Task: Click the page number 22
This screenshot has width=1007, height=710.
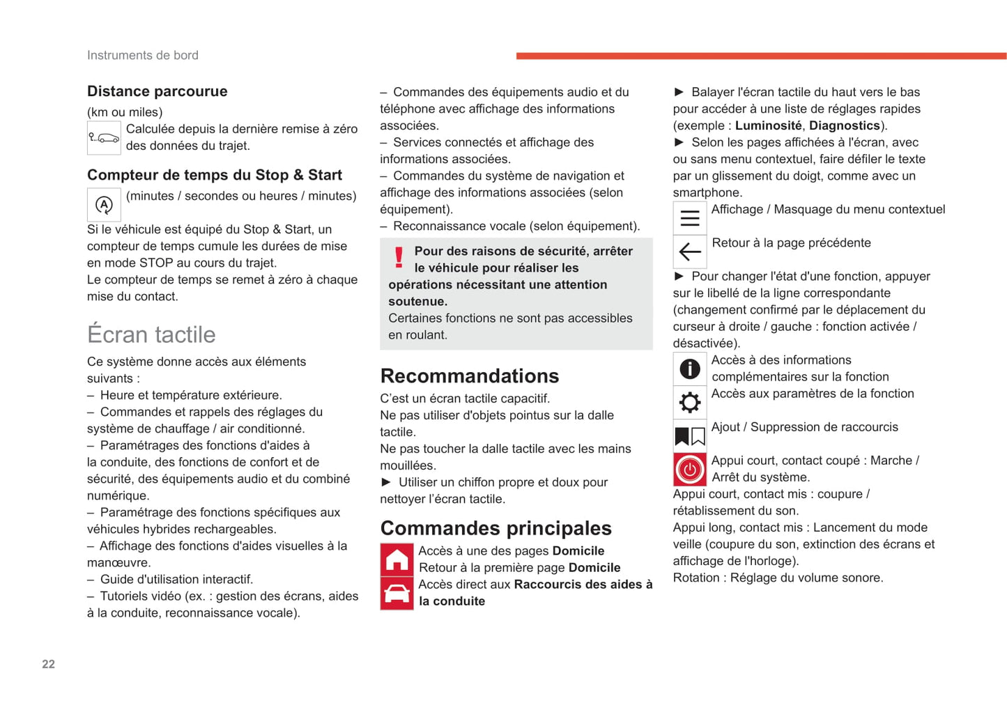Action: click(x=48, y=664)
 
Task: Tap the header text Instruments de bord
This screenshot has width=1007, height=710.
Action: click(x=143, y=55)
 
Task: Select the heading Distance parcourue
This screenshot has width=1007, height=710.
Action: click(x=157, y=91)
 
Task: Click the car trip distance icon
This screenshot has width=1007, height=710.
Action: click(x=104, y=137)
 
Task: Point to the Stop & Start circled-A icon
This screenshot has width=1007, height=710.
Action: click(x=104, y=205)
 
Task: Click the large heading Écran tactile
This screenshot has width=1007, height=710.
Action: click(x=151, y=334)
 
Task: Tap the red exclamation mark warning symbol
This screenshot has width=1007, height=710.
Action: click(x=399, y=258)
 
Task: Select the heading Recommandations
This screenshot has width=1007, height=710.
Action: click(x=469, y=376)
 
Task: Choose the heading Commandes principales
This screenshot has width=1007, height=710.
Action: click(x=495, y=528)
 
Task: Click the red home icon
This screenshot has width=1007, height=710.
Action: click(x=397, y=559)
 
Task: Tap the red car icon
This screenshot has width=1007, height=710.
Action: click(x=397, y=593)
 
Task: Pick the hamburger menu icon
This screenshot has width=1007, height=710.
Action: click(x=689, y=218)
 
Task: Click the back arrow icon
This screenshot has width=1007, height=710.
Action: click(x=689, y=252)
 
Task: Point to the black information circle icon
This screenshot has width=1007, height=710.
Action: click(x=689, y=369)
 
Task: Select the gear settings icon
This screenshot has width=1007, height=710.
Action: click(x=689, y=402)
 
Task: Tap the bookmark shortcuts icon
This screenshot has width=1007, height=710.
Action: click(x=689, y=436)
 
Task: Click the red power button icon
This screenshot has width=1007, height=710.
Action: click(x=689, y=469)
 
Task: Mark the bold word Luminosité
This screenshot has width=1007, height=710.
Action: click(x=768, y=125)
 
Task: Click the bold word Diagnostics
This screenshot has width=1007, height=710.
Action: click(x=844, y=125)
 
